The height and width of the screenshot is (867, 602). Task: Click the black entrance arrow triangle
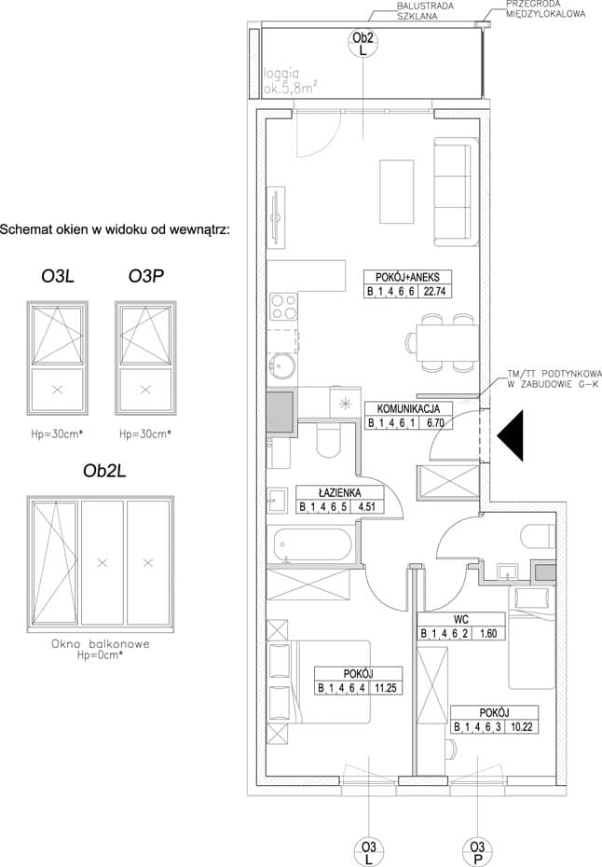pos(511,435)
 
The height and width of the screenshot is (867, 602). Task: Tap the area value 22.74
pos(434,292)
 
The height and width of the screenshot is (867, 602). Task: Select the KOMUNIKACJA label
pos(408,408)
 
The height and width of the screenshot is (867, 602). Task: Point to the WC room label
pos(460,619)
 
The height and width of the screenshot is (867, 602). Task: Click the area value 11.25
pos(385,688)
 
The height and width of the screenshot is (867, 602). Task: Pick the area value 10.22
pos(521,726)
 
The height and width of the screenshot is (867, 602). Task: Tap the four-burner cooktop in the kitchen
pos(283,307)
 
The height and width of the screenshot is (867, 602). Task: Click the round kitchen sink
pos(283,366)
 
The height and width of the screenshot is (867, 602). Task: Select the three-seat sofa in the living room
pos(456,192)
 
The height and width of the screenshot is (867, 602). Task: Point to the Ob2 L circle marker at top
pos(363,44)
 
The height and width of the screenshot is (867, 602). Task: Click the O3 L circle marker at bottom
pos(369,852)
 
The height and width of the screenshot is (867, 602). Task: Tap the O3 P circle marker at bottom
pos(477,852)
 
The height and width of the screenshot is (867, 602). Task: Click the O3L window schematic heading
pos(58,276)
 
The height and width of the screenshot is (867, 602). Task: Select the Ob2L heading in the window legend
pos(104,471)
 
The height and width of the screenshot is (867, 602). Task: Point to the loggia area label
pos(290,81)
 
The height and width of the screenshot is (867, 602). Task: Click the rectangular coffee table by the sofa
pos(397,192)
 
